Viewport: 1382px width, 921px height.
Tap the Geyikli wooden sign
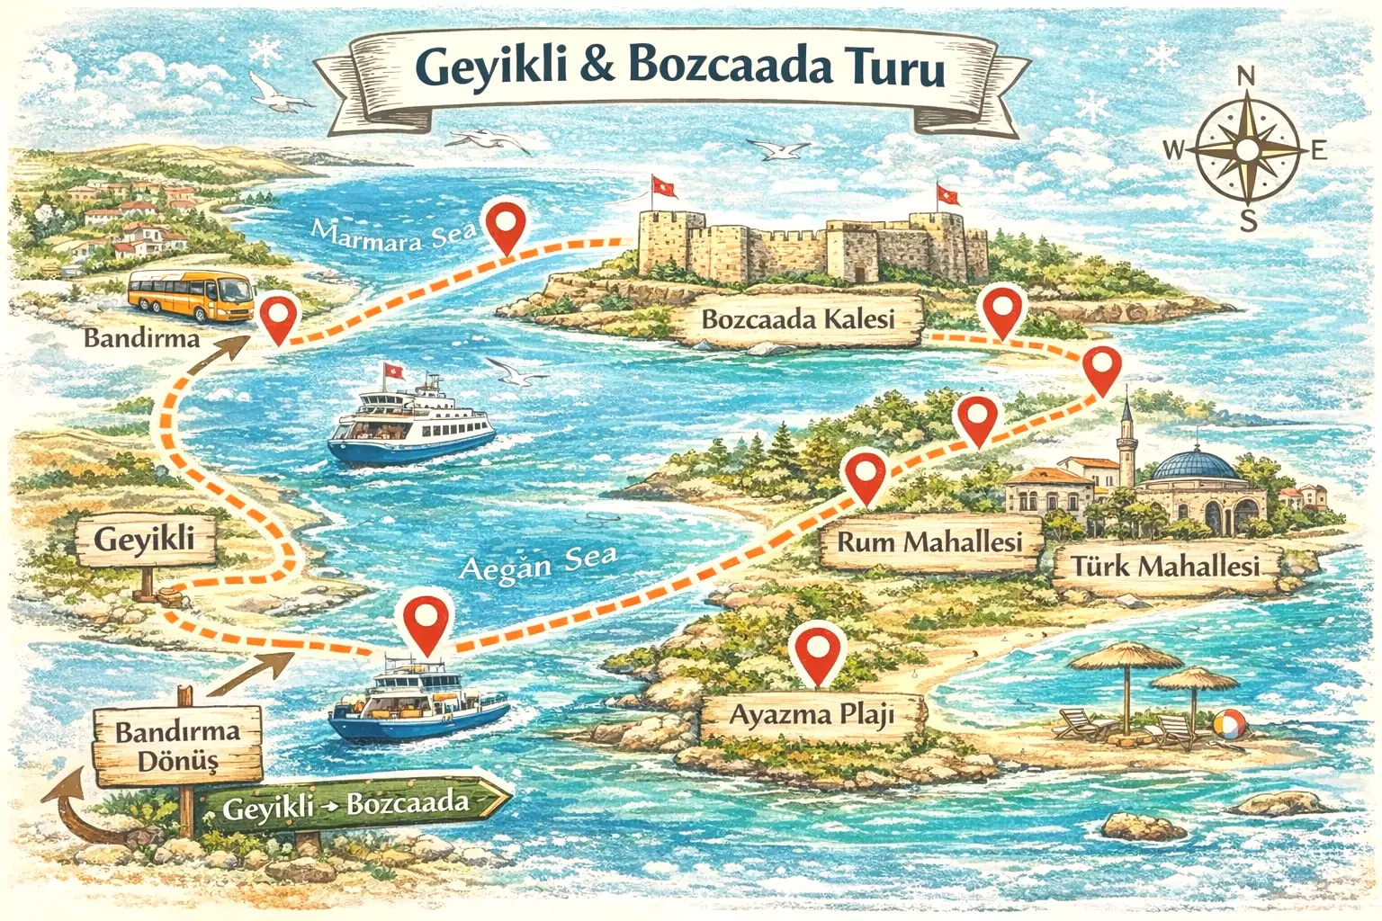(x=145, y=540)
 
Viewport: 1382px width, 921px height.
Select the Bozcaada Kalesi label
(x=797, y=319)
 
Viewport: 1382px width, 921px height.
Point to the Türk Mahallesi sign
(x=1164, y=567)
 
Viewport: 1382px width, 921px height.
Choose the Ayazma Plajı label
(x=812, y=715)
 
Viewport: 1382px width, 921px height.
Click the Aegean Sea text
(x=538, y=564)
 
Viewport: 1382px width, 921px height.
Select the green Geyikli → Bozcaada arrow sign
(x=351, y=802)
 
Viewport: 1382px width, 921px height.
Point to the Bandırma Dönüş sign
(x=178, y=746)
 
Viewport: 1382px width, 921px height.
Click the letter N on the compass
(x=1246, y=78)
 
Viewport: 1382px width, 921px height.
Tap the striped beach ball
(x=1230, y=724)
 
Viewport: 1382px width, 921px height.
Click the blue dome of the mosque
(x=1194, y=464)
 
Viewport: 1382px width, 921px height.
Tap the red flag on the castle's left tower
(x=664, y=186)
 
